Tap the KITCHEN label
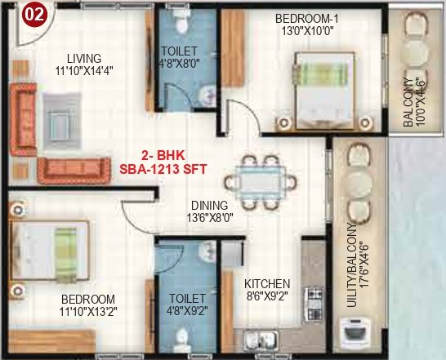click(x=265, y=285)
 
